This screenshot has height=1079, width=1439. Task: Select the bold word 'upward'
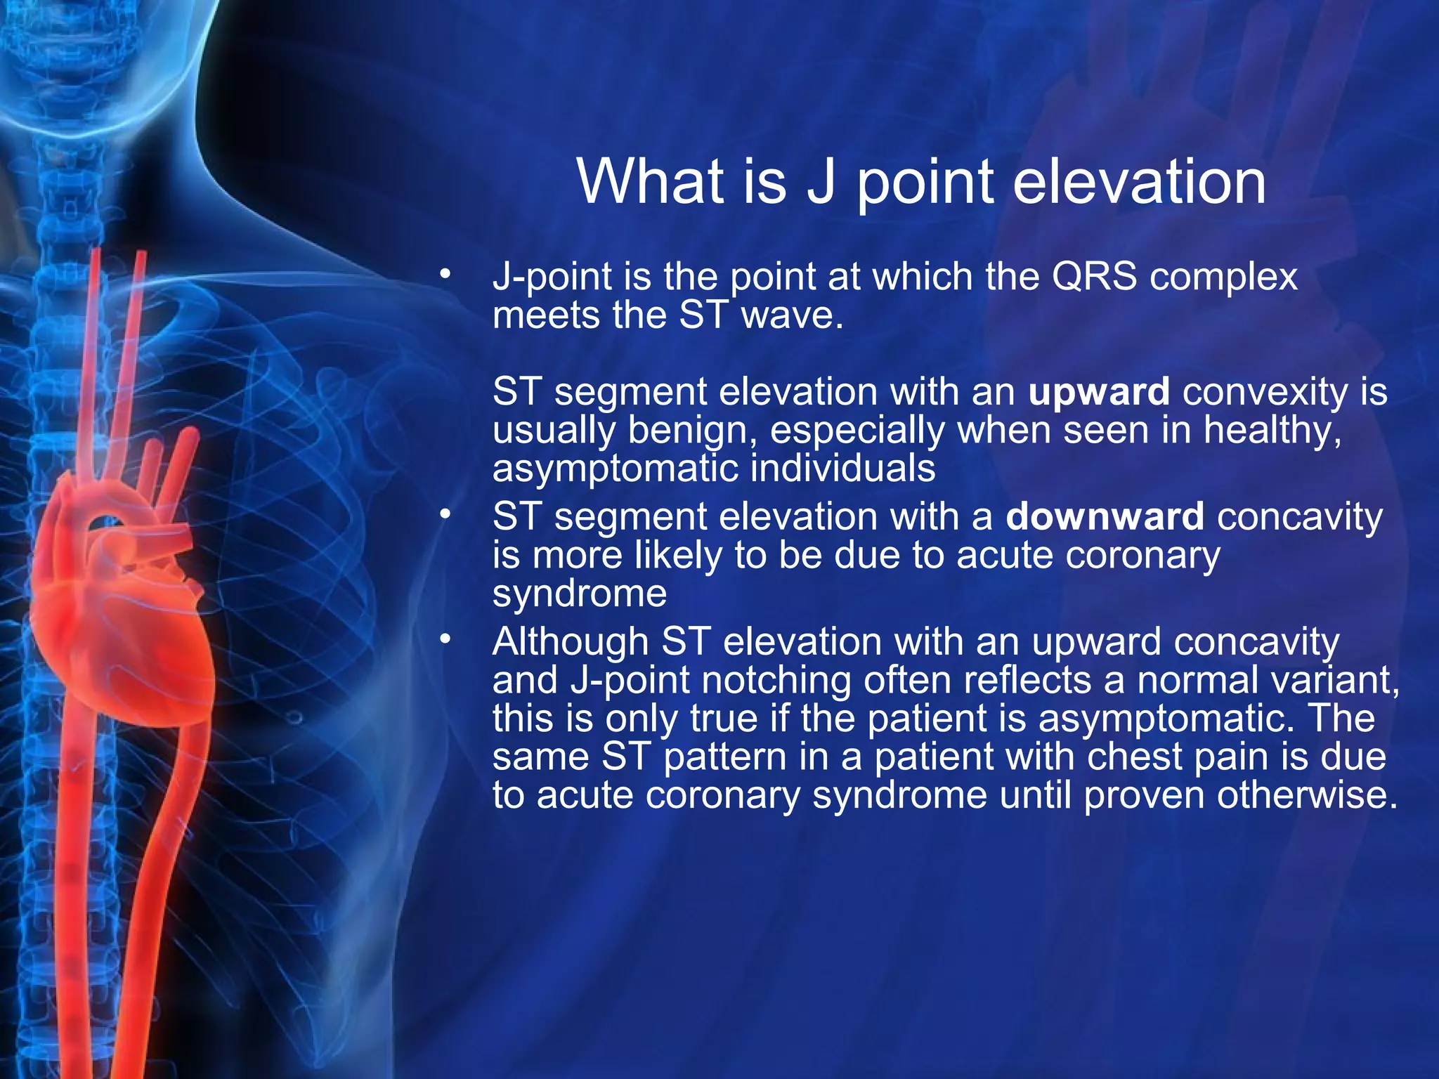coord(1099,391)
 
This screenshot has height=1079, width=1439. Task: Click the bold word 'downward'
coord(1105,517)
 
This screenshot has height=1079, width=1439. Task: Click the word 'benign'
coord(691,430)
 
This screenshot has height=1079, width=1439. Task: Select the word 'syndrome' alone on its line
coord(579,594)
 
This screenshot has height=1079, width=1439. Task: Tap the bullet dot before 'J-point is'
coord(444,275)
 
